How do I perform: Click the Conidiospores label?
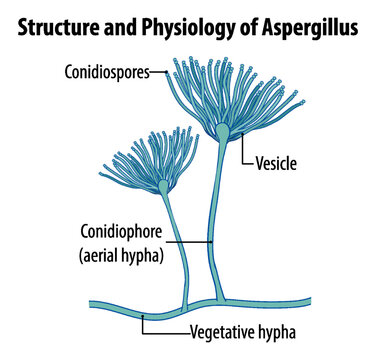(x=107, y=71)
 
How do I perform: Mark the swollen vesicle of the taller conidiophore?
(x=222, y=131)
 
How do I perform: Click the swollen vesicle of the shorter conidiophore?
(x=164, y=186)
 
